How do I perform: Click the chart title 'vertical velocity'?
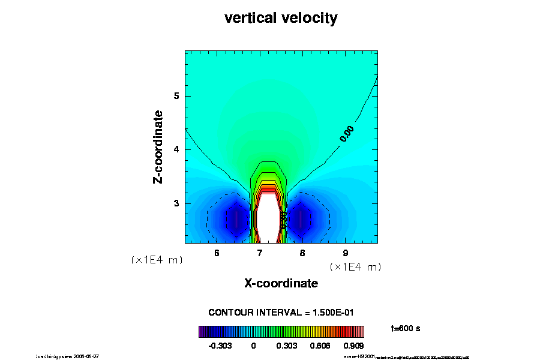tap(281, 19)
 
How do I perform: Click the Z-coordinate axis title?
tap(158, 146)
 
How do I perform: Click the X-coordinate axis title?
tap(281, 283)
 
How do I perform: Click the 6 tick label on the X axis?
tap(217, 253)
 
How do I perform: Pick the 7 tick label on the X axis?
tap(260, 253)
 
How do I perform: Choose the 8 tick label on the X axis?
tap(302, 253)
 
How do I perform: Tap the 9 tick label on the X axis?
tap(345, 253)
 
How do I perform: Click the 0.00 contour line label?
tap(347, 133)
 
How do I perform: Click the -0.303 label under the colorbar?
tap(218, 346)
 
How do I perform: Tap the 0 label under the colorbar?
tap(253, 346)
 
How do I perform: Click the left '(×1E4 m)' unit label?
tap(157, 260)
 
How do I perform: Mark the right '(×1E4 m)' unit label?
tap(355, 266)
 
